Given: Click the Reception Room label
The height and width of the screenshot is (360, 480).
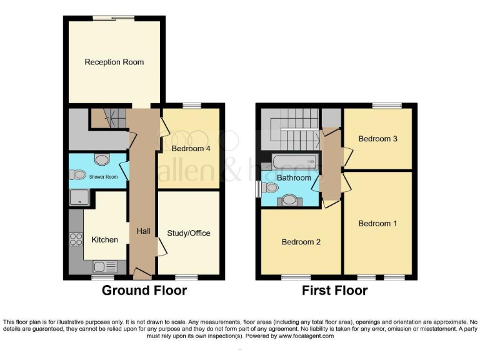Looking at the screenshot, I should point(114,62).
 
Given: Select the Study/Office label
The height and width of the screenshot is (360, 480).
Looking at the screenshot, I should point(189,233).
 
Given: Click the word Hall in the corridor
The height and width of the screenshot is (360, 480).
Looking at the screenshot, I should point(143,231).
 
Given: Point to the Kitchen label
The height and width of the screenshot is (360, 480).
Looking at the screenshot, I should point(104,239).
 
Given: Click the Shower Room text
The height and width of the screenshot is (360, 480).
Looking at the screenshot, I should point(102,177).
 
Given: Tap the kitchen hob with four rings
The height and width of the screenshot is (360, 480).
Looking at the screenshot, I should point(76,238).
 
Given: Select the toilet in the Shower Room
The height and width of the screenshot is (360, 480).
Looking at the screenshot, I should point(78,176).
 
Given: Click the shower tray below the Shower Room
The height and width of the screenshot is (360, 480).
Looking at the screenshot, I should point(80,199).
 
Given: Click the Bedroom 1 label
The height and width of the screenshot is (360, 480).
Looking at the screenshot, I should point(377,223).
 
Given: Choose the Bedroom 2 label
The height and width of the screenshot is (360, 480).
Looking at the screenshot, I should point(301,242).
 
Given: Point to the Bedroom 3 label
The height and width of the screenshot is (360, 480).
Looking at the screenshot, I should point(377,139).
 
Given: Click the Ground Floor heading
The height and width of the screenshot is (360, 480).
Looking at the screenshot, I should point(144,291).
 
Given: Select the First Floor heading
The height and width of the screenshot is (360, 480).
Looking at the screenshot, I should point(334,291).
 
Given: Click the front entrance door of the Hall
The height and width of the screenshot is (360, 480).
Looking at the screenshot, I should point(142,274).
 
